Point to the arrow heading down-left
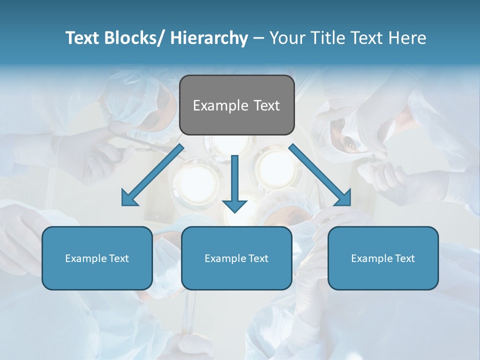click(x=152, y=175)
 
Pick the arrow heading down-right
click(x=320, y=175)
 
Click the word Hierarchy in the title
click(x=209, y=38)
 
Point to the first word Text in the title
click(x=83, y=38)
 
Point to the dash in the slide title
click(x=258, y=38)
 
